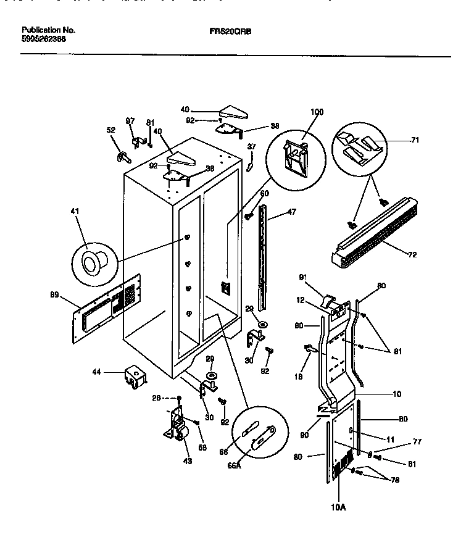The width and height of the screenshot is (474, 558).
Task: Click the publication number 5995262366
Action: [x=44, y=38]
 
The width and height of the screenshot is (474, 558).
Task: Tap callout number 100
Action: [x=316, y=113]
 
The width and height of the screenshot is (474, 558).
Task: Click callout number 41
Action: [x=75, y=211]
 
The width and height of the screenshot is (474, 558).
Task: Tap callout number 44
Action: [x=97, y=372]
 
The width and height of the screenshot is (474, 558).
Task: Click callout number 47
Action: [x=291, y=212]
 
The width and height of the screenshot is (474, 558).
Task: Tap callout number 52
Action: [x=111, y=130]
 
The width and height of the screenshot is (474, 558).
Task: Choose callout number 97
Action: [x=130, y=121]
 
